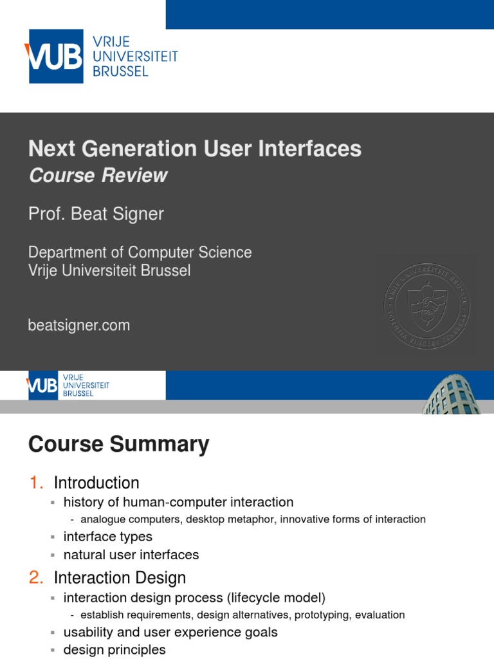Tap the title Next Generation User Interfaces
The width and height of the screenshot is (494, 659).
click(x=194, y=149)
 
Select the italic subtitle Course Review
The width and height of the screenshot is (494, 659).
click(x=98, y=176)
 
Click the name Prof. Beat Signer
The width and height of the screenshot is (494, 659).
click(x=96, y=214)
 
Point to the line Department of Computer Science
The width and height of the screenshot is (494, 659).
click(x=140, y=252)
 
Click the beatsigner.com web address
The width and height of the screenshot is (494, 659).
click(x=78, y=326)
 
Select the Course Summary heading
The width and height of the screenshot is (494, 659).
click(x=118, y=445)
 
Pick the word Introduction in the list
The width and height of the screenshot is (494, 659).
click(x=96, y=483)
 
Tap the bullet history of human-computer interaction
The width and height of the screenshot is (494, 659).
click(x=178, y=502)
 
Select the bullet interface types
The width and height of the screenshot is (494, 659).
click(x=107, y=536)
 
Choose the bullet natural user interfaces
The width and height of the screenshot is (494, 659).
click(x=131, y=555)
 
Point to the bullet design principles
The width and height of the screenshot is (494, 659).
click(x=114, y=650)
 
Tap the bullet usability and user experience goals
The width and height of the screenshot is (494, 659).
click(x=170, y=632)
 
